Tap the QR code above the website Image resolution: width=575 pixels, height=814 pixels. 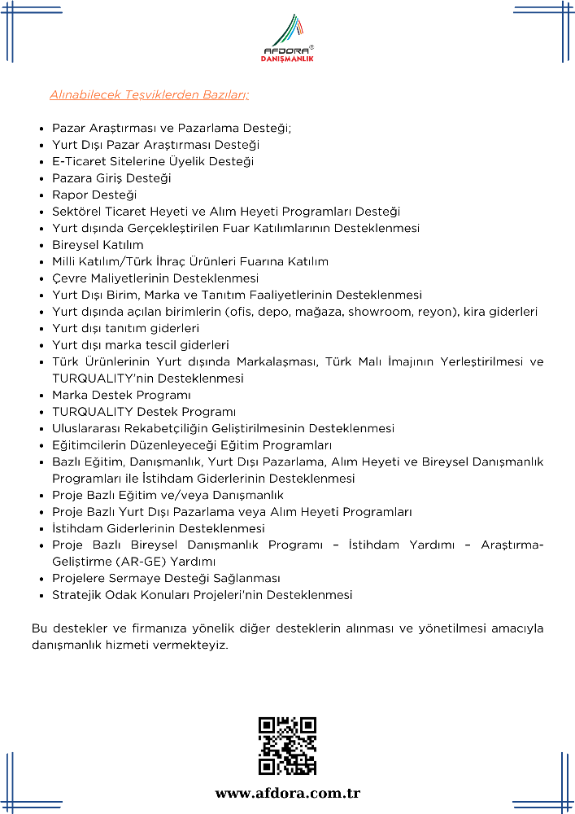(x=287, y=746)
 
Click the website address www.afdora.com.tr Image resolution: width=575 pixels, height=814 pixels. (x=287, y=793)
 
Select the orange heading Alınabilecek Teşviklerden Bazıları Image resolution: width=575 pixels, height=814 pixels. (x=149, y=94)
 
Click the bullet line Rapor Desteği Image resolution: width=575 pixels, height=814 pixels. (x=94, y=195)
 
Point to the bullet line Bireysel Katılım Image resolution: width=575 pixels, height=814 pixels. (x=98, y=245)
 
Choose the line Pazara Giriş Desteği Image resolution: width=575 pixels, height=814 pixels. (x=111, y=178)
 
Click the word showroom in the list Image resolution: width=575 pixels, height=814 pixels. (x=377, y=312)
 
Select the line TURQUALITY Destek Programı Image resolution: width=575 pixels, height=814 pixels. (x=144, y=412)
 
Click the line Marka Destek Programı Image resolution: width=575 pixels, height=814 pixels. (x=122, y=395)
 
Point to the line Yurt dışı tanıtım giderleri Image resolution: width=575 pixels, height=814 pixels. (x=125, y=328)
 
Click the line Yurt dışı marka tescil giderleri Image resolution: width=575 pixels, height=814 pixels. (x=141, y=345)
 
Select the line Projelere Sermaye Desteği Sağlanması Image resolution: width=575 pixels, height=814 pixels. (x=166, y=579)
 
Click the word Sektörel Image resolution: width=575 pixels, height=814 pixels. (x=77, y=212)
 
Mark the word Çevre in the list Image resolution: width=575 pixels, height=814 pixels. (x=68, y=278)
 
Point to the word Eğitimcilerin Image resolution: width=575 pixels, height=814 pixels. (x=90, y=445)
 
